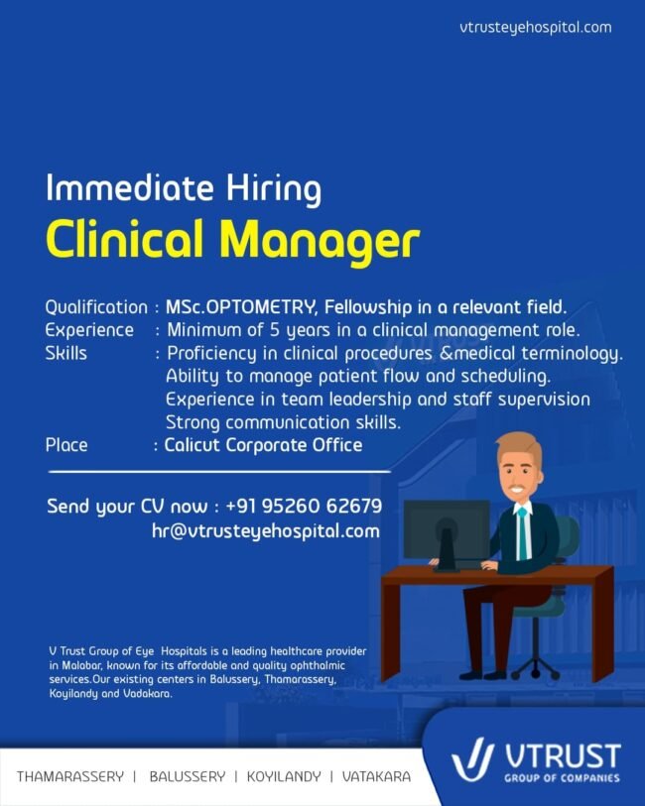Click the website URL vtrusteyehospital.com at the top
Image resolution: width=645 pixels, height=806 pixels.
[x=536, y=27]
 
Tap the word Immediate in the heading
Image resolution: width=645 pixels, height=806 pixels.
[x=129, y=187]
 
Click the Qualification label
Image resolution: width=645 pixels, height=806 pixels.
[x=96, y=307]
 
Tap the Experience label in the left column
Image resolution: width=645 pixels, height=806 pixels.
[x=89, y=330]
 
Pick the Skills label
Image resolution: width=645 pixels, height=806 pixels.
[x=65, y=353]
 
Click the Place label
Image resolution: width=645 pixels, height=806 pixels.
[x=66, y=444]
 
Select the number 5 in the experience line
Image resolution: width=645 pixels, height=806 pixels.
[x=275, y=329]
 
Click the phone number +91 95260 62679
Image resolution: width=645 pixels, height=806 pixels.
[x=304, y=506]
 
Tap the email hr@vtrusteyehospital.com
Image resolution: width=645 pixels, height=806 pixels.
[x=266, y=530]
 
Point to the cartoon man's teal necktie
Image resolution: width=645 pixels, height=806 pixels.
[x=522, y=533]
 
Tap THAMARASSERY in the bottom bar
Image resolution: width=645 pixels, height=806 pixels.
[x=70, y=776]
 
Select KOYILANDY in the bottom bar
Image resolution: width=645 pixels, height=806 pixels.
[x=284, y=776]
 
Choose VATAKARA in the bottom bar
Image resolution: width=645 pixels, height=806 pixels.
[x=376, y=776]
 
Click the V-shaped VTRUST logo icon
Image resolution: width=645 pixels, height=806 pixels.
[x=471, y=758]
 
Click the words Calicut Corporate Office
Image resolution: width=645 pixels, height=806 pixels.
[x=263, y=444]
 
